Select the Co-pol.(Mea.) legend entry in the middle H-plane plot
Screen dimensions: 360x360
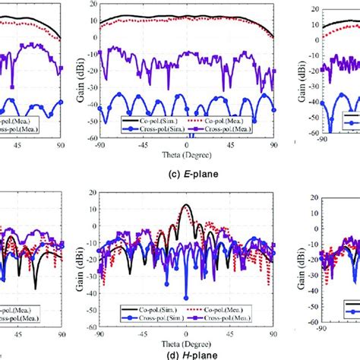(x=227, y=311)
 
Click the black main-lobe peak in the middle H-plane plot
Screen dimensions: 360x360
(x=186, y=206)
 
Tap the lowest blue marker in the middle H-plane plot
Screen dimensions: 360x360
(x=186, y=297)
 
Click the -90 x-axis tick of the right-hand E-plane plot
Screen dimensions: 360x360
(x=322, y=143)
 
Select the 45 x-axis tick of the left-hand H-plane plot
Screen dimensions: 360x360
(x=34, y=331)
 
